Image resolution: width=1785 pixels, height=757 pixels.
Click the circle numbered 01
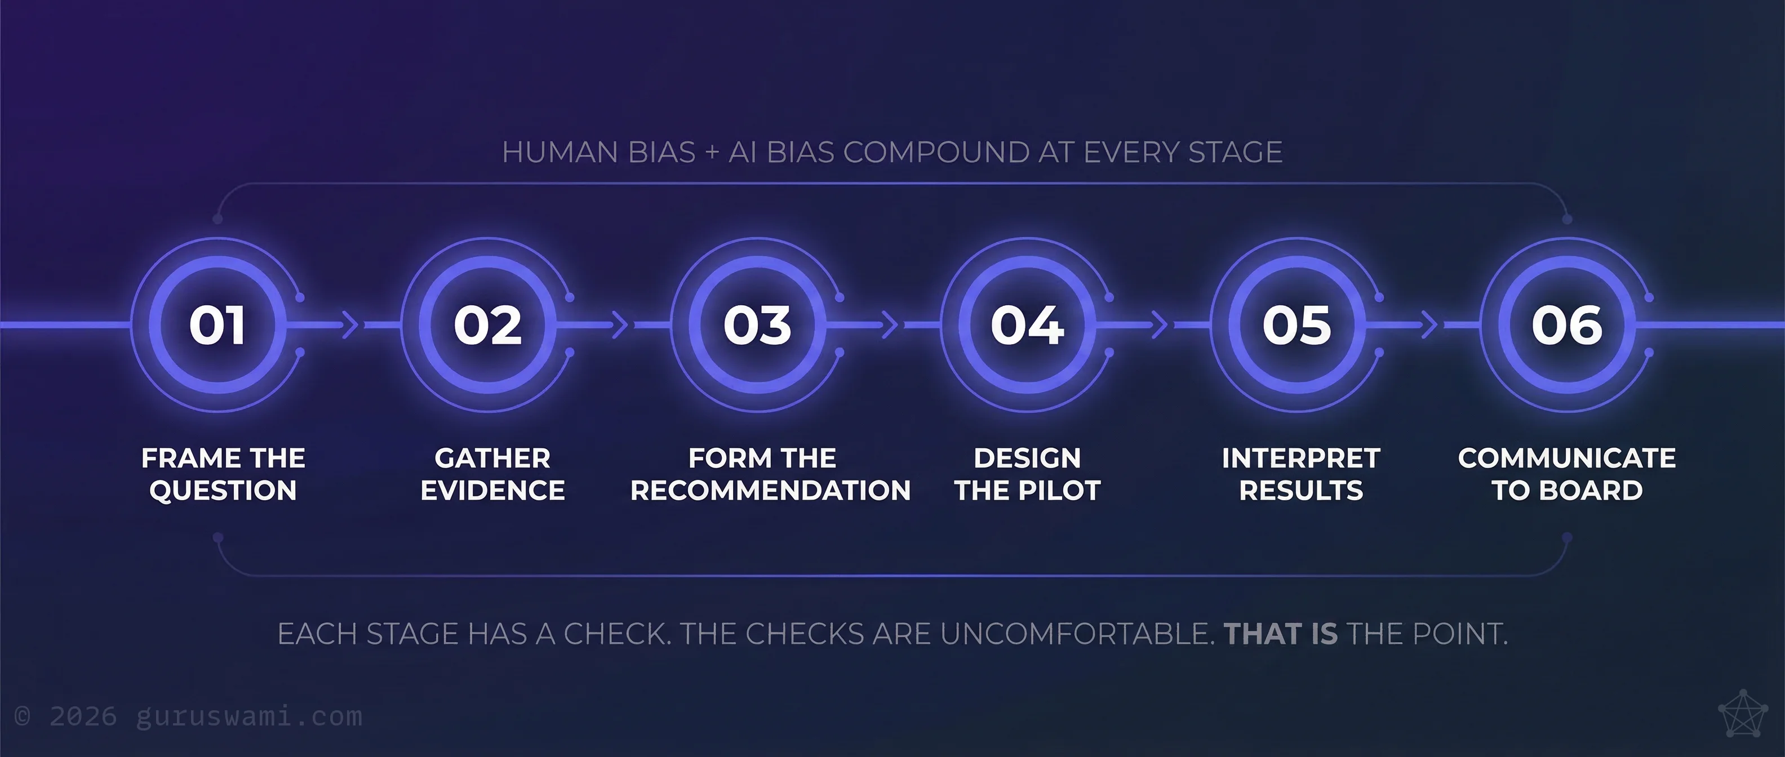coord(217,325)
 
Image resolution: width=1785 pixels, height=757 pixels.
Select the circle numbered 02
coord(488,325)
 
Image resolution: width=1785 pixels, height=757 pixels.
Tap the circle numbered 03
coord(757,325)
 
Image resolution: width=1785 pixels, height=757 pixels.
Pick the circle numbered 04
coord(1027,325)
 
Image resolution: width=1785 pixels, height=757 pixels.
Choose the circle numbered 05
coord(1296,325)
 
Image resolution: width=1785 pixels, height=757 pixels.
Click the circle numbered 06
coord(1567,325)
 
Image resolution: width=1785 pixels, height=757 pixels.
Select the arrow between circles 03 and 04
coord(890,325)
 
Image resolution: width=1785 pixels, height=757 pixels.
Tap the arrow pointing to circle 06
coord(1429,325)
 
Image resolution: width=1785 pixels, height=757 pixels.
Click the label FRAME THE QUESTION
coord(223,474)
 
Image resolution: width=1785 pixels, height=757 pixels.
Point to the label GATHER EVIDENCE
coord(492,474)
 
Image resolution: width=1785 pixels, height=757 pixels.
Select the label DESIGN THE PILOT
coord(1027,474)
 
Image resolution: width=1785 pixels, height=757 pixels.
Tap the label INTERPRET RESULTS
coord(1300,474)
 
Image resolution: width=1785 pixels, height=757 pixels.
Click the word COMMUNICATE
coord(1567,458)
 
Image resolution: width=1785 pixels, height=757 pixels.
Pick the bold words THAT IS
coord(1281,634)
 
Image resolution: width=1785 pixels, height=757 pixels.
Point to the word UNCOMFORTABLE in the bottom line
coord(1077,634)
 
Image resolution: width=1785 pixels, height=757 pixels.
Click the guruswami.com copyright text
coord(189,716)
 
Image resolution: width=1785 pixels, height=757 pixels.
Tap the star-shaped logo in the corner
coord(1743,714)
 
